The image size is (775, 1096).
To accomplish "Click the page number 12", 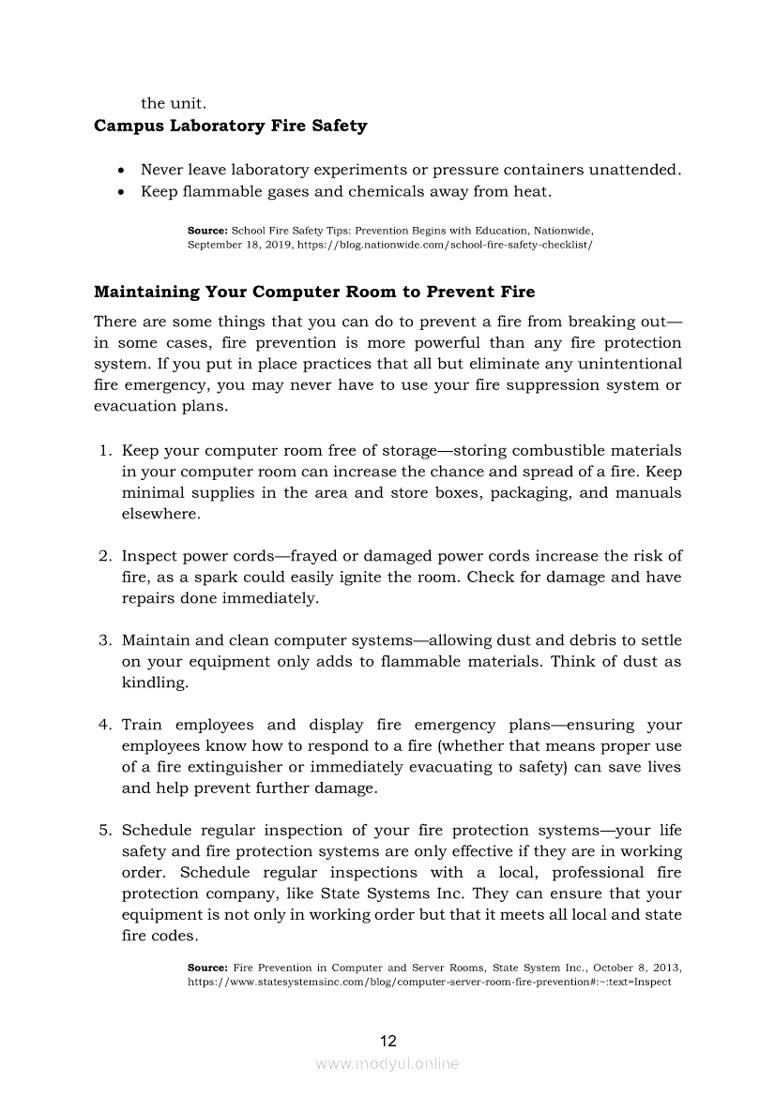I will point(387,1041).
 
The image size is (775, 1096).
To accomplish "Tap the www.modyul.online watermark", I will point(387,1064).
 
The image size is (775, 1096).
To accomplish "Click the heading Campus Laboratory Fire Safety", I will point(230,126).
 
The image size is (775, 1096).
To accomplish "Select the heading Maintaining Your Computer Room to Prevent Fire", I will point(314,292).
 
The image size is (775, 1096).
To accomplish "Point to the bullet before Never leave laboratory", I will point(122,171).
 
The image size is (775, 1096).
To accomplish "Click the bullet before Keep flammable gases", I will point(122,192).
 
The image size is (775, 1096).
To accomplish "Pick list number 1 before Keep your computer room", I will point(105,451).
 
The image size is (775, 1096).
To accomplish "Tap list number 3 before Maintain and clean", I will point(105,640).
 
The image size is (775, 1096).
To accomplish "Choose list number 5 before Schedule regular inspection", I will point(105,831).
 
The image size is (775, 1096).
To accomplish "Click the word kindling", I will point(155,683).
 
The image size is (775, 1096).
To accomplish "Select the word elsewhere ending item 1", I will point(160,514).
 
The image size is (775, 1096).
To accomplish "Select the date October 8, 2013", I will point(643,967).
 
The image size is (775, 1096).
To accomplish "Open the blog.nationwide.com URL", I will point(445,244).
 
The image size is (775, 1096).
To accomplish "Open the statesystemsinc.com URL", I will point(429,982).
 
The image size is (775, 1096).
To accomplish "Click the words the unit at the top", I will point(173,103).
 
